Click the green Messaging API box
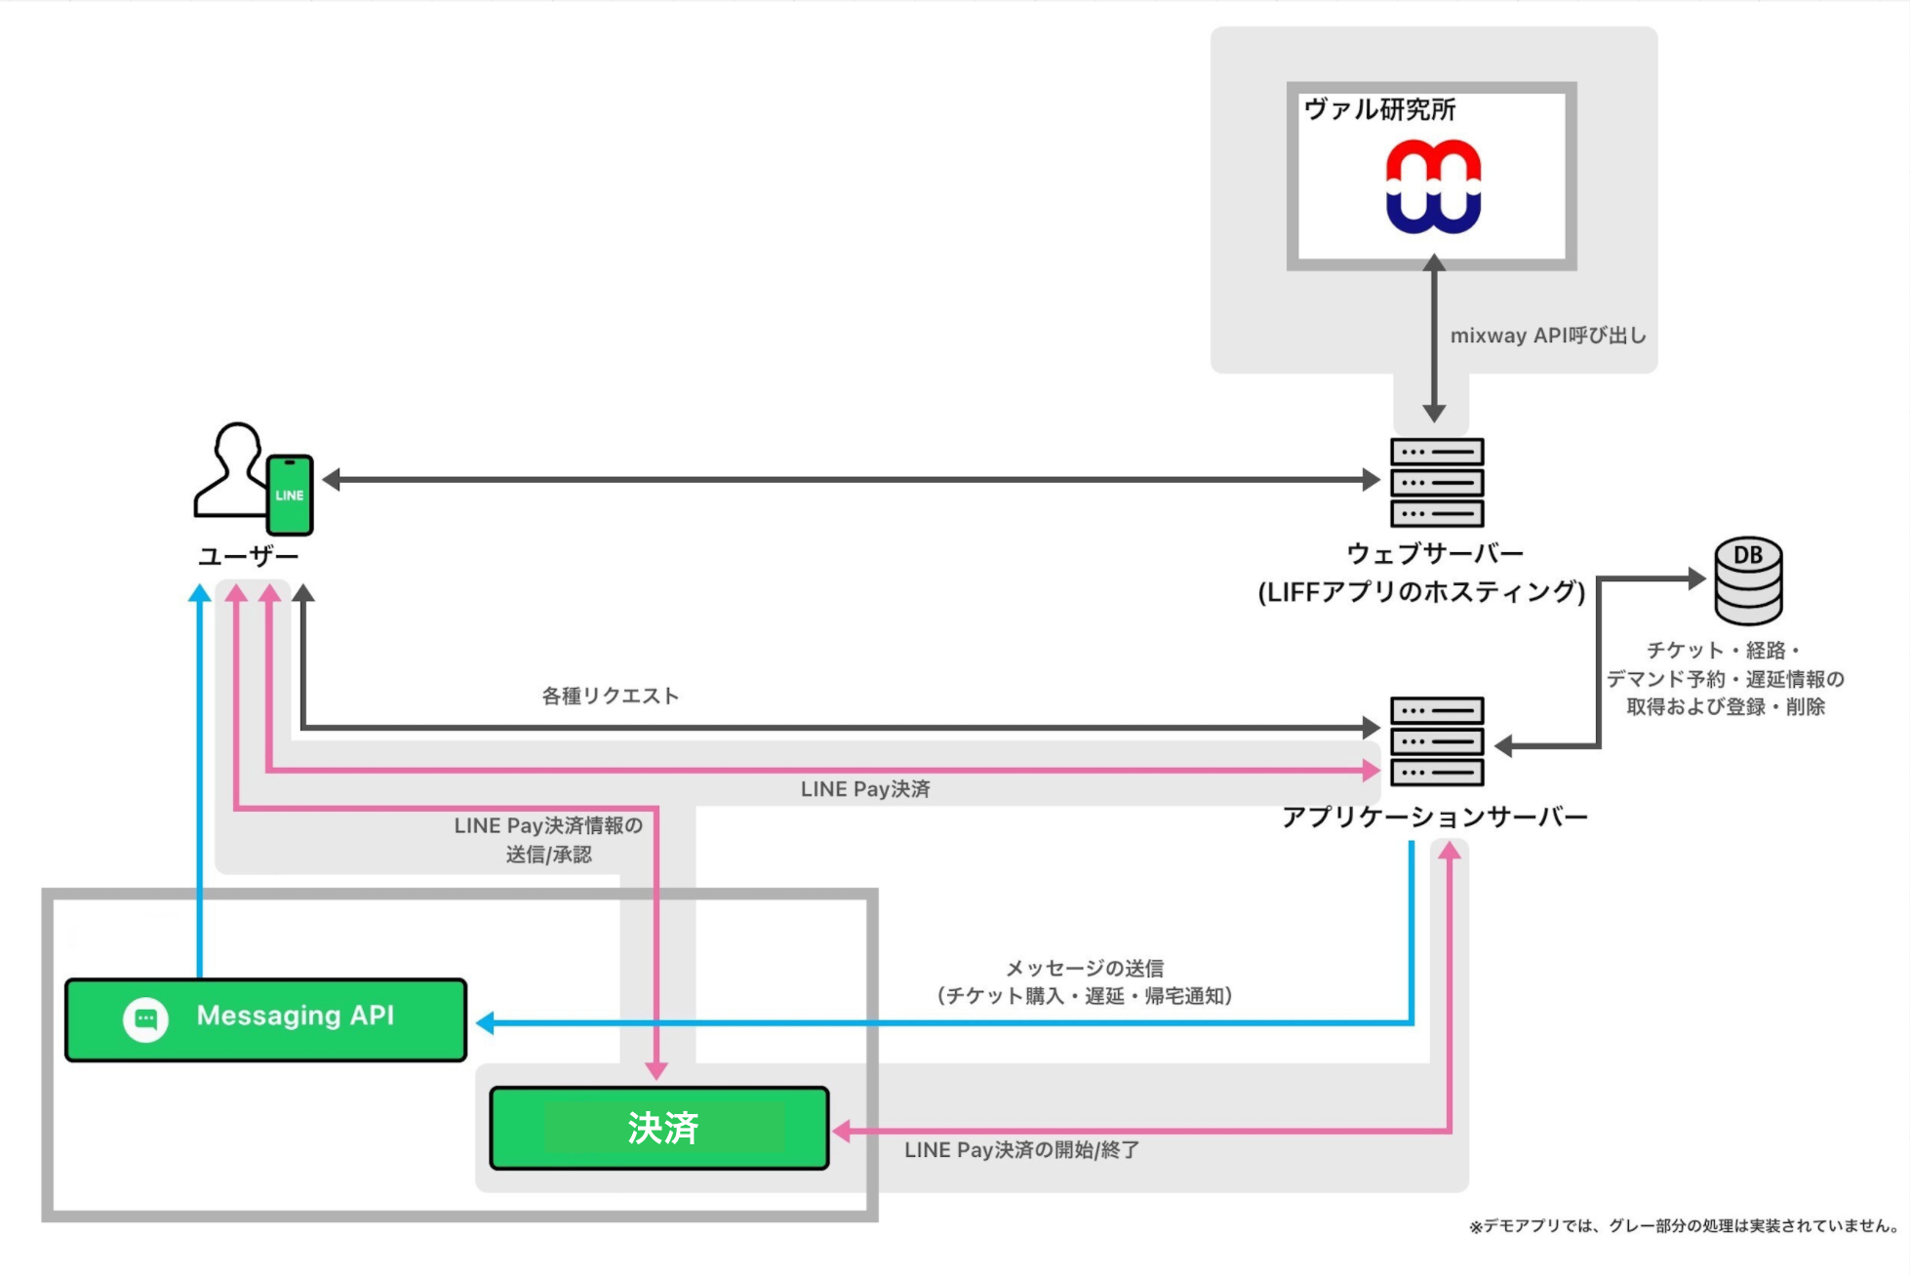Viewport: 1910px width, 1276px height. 265,1019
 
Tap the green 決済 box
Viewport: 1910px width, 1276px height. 659,1128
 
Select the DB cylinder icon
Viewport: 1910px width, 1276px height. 1748,580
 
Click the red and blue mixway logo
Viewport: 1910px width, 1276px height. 1433,186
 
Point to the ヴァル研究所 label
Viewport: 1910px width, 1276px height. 1379,109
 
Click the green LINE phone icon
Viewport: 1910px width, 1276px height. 290,495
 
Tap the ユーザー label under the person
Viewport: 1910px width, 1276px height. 248,556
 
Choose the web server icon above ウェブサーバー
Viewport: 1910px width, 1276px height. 1437,482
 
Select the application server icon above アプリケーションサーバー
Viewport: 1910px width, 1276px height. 1437,741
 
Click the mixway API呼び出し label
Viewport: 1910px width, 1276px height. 1547,336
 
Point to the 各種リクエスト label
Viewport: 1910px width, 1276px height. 610,696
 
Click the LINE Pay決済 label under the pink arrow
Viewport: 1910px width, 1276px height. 865,789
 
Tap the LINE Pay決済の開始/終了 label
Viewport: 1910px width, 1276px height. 1021,1150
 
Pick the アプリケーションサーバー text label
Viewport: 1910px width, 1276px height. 1434,817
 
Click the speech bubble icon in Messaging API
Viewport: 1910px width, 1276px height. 145,1019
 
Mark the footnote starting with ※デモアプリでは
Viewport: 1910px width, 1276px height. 1685,1226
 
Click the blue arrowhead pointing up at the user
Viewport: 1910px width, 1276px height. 200,592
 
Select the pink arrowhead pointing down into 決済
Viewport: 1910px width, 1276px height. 657,1071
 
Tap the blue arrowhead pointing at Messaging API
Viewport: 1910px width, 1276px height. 485,1022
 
